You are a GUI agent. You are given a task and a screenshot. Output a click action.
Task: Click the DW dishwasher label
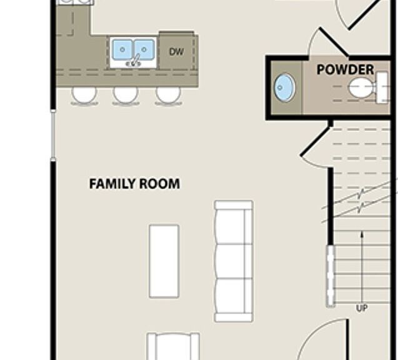point(176,52)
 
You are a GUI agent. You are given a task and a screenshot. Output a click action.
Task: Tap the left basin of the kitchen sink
point(122,49)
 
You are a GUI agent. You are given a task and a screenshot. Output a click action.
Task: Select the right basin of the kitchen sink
point(144,49)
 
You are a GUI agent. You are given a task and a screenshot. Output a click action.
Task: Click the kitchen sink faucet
point(134,61)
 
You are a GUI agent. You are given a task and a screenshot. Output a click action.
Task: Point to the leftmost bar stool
point(84,96)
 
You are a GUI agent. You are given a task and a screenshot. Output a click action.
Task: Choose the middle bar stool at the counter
point(126,96)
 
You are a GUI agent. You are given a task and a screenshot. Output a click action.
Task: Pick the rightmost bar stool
point(168,96)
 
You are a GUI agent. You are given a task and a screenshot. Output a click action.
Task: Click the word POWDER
point(345,69)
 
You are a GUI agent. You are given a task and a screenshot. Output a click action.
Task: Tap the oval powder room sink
point(284,87)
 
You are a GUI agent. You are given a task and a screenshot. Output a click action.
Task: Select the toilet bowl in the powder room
point(361,87)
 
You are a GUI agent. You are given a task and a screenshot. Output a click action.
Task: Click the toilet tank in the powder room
point(382,87)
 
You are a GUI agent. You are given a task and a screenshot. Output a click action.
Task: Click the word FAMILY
point(112,184)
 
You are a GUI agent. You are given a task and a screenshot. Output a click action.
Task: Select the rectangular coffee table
point(164,261)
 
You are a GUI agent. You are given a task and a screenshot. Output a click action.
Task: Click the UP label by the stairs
point(362,308)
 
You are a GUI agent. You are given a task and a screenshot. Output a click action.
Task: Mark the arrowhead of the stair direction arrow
point(362,234)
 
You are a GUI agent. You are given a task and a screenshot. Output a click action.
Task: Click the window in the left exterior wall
point(53,136)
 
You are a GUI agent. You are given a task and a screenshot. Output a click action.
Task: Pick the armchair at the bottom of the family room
point(173,346)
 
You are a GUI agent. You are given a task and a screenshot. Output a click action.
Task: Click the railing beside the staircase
point(331,276)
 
